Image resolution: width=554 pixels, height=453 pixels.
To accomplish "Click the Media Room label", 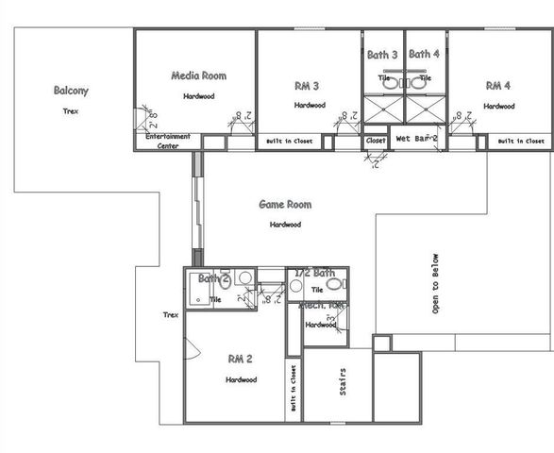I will [198, 75].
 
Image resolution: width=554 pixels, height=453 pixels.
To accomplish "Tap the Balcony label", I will [71, 92].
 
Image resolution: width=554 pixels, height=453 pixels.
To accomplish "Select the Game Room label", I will [285, 205].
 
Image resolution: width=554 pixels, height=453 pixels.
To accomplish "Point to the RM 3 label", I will [307, 86].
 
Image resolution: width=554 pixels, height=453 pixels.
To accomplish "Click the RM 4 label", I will [497, 86].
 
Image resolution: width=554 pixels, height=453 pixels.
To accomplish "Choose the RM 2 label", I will [240, 359].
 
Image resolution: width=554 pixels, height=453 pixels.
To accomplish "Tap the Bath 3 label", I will [383, 55].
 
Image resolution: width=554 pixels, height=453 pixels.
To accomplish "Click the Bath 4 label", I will [425, 55].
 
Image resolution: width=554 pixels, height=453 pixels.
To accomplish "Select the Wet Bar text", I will [415, 139].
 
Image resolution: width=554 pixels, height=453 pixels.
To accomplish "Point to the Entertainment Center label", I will [168, 141].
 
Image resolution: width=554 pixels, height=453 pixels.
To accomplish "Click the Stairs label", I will [340, 385].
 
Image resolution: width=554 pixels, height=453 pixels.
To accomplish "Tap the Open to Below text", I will [435, 283].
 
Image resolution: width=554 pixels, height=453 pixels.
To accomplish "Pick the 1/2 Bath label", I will [315, 273].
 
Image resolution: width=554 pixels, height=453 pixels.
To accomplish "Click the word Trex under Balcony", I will [71, 110].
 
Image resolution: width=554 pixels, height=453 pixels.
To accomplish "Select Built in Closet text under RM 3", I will [289, 142].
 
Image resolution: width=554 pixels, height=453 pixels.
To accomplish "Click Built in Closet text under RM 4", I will [520, 142].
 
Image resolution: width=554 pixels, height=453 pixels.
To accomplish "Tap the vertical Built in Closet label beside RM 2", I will [294, 389].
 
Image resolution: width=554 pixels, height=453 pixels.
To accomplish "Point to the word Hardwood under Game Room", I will [285, 225].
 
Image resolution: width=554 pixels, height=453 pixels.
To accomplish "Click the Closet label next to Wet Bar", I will [376, 141].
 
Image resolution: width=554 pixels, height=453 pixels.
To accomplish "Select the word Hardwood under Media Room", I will [198, 96].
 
